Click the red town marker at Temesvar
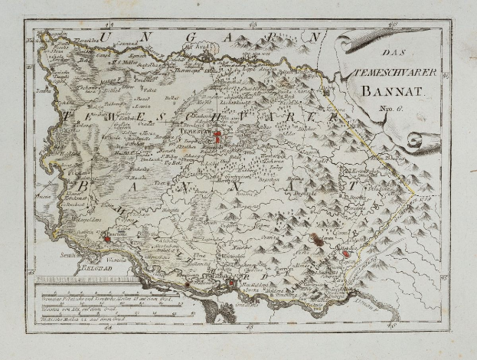217,138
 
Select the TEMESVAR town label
194,131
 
